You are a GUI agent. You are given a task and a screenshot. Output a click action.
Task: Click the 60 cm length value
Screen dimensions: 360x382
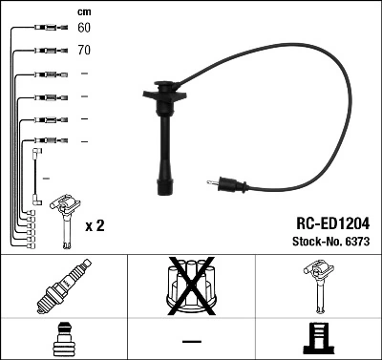[x=84, y=29]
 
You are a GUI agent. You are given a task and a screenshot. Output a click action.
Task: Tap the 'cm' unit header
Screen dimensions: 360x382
[x=83, y=11]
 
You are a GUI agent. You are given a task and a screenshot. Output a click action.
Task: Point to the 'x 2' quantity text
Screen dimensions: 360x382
[x=95, y=225]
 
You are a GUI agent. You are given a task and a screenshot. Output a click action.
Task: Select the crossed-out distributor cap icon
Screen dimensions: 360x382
[x=191, y=288]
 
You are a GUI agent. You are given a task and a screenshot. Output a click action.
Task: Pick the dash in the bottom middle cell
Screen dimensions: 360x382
[x=191, y=340]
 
